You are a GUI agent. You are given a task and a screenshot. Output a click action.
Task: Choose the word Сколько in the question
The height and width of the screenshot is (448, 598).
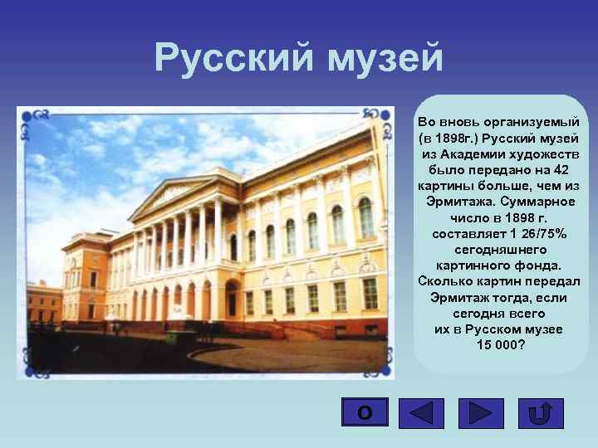pyautogui.click(x=446, y=282)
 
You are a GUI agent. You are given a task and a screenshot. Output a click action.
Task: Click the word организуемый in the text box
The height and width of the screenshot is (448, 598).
pyautogui.click(x=528, y=122)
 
